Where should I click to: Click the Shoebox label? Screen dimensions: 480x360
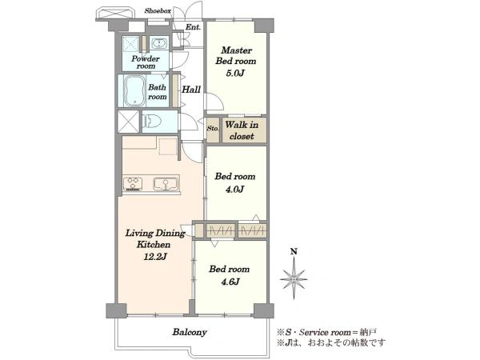[x=158, y=11]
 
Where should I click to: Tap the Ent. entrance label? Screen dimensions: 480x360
[x=193, y=27]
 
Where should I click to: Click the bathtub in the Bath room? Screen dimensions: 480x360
[x=134, y=91]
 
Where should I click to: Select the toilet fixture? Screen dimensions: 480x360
[x=152, y=122]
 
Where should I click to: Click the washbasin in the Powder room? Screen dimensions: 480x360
[x=158, y=43]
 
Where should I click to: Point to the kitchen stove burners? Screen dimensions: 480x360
[x=133, y=183]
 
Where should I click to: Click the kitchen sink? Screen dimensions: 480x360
[x=166, y=184]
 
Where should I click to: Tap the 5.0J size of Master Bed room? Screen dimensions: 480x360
[x=235, y=74]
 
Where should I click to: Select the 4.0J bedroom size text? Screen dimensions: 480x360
[x=234, y=190]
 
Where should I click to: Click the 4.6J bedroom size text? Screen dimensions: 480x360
[x=230, y=282]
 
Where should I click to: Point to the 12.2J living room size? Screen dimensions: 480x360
[x=155, y=257]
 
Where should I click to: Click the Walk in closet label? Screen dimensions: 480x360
[x=242, y=130]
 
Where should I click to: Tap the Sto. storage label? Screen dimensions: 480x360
[x=213, y=128]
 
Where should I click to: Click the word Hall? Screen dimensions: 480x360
[x=191, y=90]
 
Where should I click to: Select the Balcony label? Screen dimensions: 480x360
[x=190, y=332]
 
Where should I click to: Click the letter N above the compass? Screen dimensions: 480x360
[x=294, y=252]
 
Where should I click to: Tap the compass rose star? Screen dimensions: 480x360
[x=294, y=278]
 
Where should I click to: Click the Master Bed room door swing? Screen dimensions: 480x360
[x=215, y=102]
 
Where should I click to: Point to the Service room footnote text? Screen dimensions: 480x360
[x=326, y=332]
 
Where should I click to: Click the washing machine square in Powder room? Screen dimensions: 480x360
[x=131, y=44]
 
